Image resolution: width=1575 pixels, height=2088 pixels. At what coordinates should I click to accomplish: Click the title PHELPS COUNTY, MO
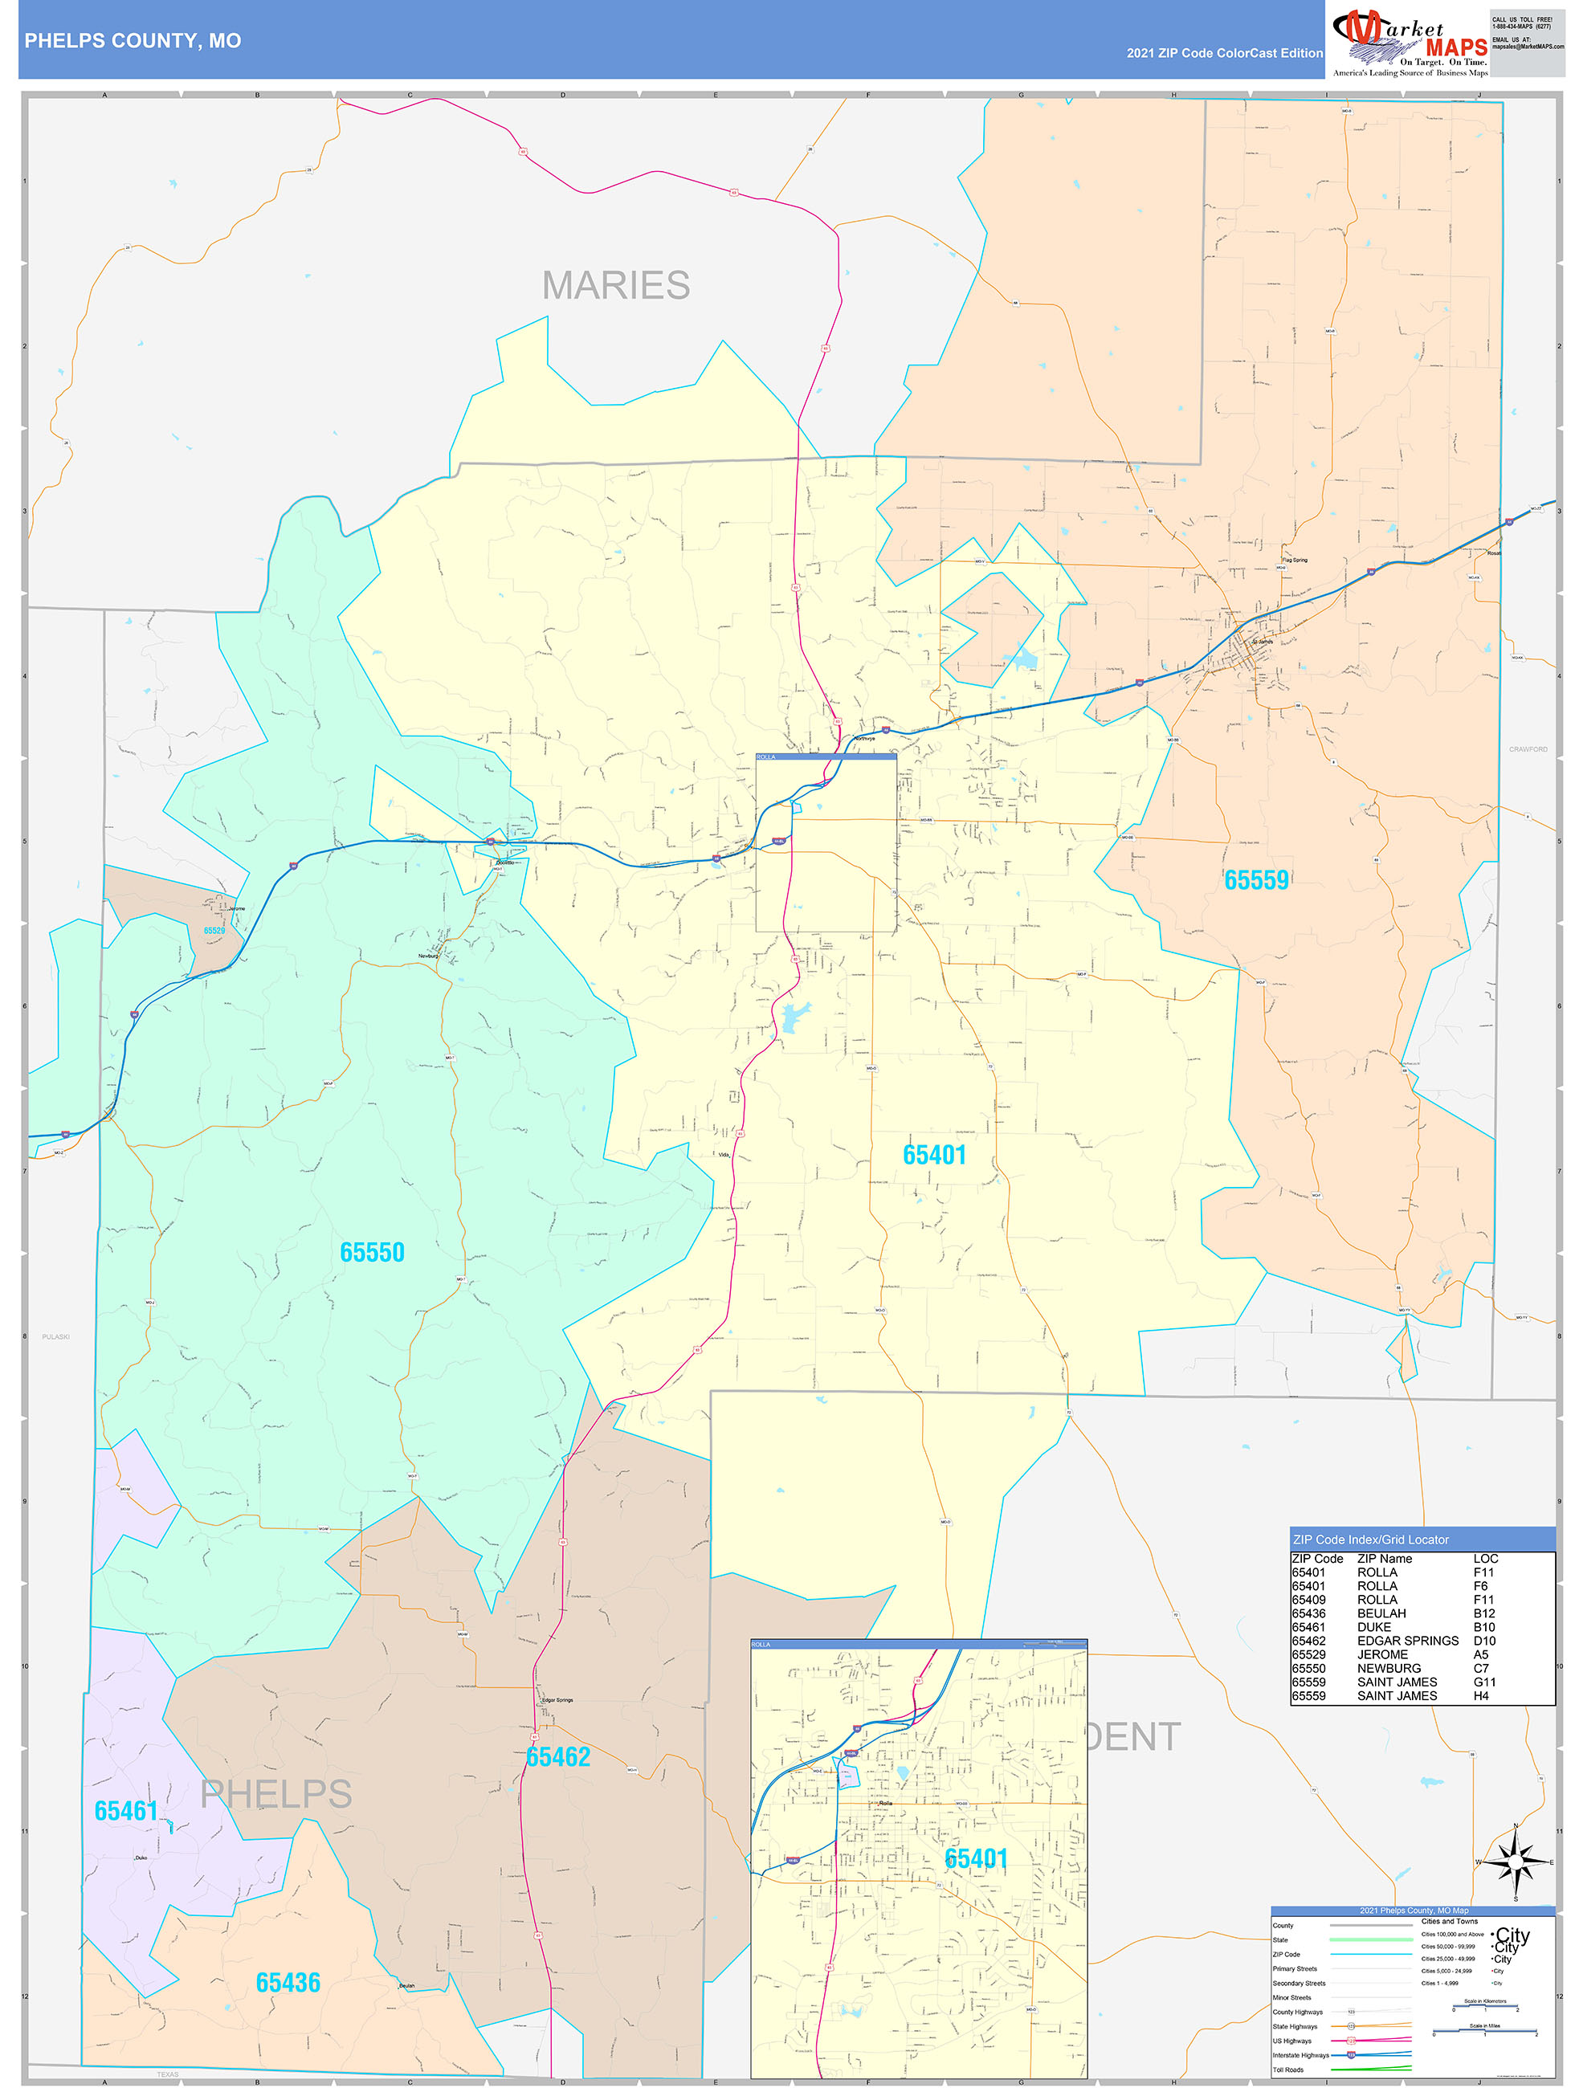click(133, 41)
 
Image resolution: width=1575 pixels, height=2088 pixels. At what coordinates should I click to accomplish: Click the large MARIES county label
click(616, 285)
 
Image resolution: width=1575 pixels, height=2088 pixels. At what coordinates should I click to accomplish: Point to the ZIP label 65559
click(1256, 879)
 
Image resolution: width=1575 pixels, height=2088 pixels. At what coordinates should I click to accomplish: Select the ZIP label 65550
click(372, 1252)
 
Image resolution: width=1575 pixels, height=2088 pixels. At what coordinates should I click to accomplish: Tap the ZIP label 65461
click(125, 1810)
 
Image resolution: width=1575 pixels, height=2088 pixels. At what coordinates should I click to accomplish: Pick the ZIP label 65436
click(288, 1982)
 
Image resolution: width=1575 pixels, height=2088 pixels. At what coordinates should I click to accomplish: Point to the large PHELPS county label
click(275, 1793)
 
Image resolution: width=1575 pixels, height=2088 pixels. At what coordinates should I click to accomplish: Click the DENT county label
click(1133, 1737)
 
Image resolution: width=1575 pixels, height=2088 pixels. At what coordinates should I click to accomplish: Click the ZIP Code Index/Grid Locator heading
click(1370, 1539)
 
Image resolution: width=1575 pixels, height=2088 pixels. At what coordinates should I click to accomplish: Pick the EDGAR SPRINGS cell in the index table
click(1407, 1641)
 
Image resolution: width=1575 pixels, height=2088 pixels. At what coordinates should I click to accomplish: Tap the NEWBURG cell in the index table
click(1388, 1668)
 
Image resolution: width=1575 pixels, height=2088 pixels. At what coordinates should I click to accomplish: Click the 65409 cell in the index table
click(1308, 1600)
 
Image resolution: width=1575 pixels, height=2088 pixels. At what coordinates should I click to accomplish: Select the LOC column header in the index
click(1485, 1559)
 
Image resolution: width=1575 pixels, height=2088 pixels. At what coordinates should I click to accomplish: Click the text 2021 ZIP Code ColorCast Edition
click(1224, 53)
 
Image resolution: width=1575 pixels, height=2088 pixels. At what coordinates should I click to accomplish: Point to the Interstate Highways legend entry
click(1300, 2055)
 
